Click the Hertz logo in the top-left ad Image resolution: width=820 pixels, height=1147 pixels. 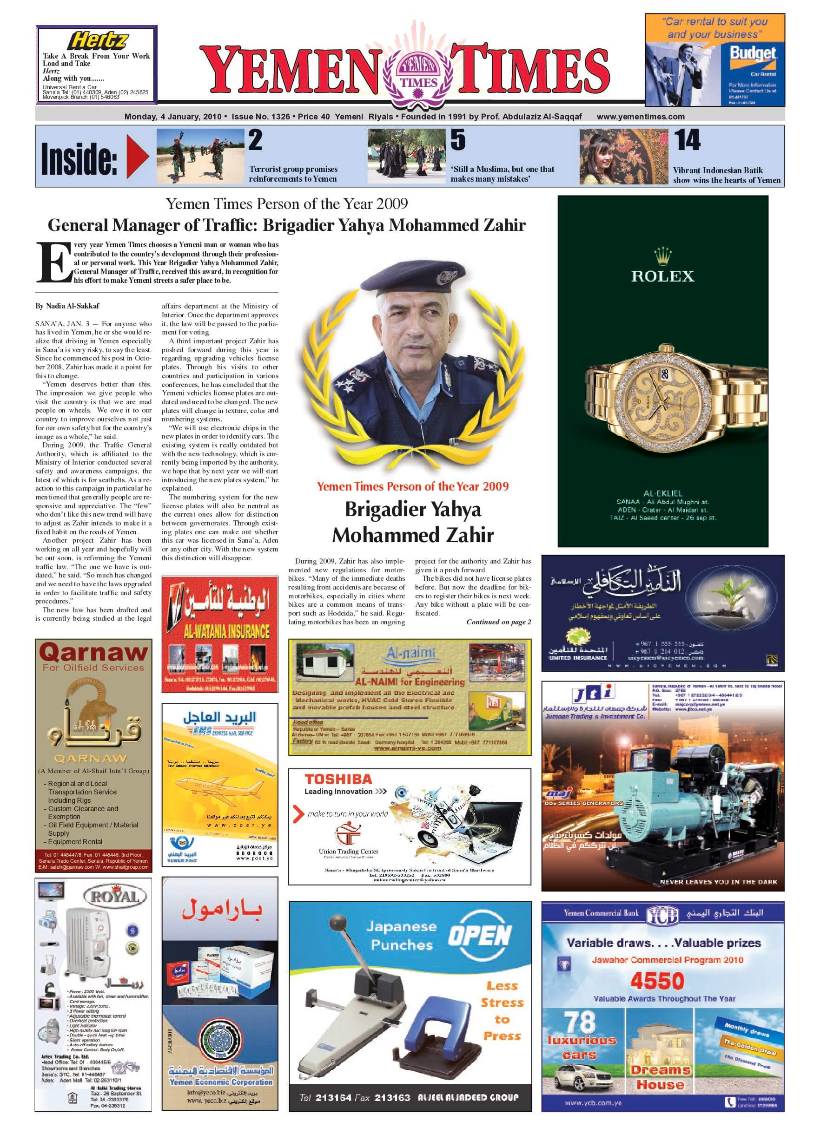(99, 40)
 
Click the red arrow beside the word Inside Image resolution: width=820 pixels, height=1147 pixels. (137, 157)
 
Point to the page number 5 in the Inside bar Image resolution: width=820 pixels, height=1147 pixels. (457, 140)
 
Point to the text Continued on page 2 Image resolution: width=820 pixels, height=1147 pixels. (498, 622)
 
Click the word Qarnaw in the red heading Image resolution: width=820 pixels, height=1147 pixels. (93, 652)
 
